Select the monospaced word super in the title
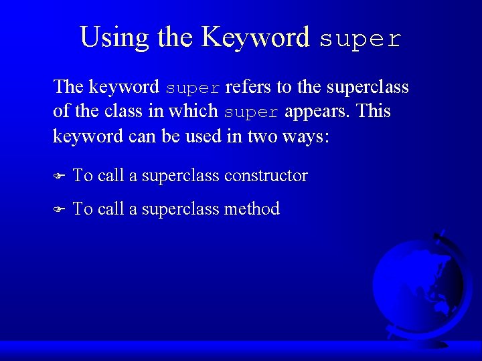(x=360, y=39)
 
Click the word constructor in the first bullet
(x=266, y=176)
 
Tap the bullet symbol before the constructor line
(x=58, y=176)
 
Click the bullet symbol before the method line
(x=58, y=209)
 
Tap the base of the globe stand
(x=428, y=342)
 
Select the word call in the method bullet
(x=111, y=209)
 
